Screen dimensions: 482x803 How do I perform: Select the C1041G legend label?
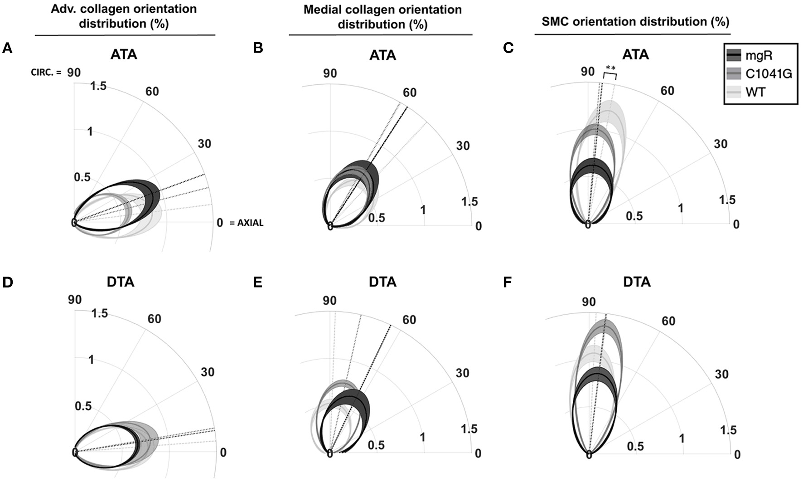point(769,73)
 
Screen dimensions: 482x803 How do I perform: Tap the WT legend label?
point(755,93)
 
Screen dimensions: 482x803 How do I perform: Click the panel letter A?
point(7,48)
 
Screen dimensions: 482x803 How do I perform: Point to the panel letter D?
point(7,282)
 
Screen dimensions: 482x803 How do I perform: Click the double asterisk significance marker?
point(610,69)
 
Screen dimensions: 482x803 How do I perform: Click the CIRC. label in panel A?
point(46,72)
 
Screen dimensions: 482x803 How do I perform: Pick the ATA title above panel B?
point(382,55)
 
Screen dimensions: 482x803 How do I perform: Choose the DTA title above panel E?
point(382,282)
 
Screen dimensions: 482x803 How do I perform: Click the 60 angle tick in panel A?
point(152,92)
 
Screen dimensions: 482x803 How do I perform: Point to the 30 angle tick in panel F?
point(721,374)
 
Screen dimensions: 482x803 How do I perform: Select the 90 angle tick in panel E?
point(329,301)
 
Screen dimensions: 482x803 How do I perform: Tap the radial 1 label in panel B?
point(423,210)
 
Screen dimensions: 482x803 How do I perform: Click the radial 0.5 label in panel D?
point(83,406)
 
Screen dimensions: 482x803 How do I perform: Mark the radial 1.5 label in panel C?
point(727,200)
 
